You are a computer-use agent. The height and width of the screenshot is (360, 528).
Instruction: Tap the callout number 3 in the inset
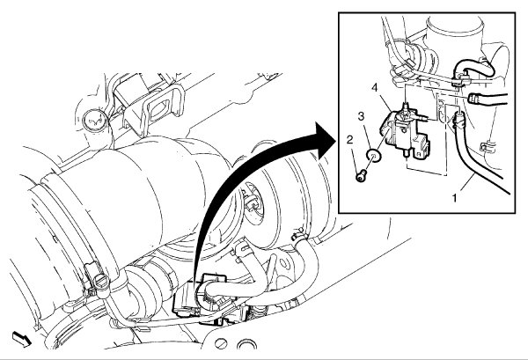[359, 114]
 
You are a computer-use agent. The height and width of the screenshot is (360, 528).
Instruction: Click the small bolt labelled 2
[363, 176]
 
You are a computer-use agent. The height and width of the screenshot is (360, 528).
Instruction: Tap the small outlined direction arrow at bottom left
[19, 337]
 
